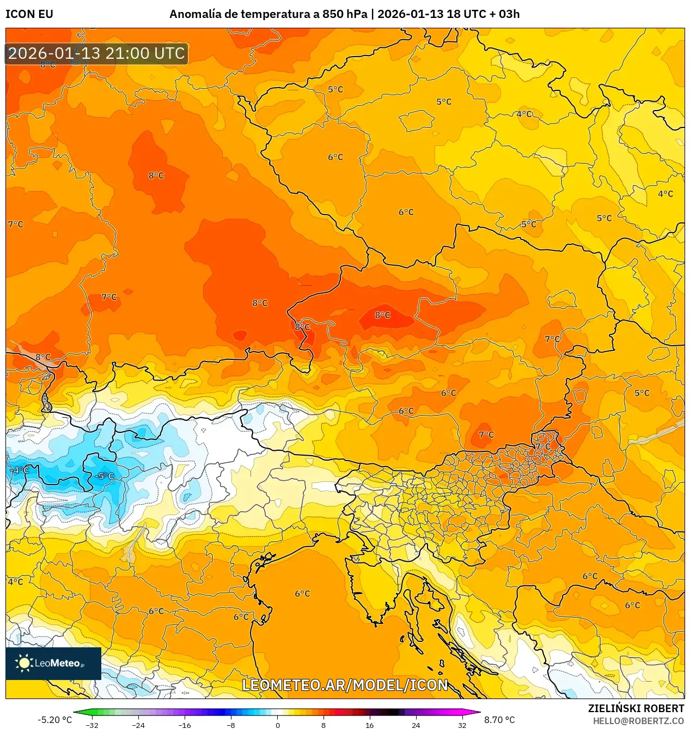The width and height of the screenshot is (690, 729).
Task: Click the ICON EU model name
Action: click(x=29, y=14)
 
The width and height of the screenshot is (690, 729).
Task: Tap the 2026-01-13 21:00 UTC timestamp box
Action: click(x=96, y=53)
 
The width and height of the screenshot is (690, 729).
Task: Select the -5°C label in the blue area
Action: click(x=105, y=476)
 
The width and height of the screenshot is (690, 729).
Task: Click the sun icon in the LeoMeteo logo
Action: click(x=24, y=663)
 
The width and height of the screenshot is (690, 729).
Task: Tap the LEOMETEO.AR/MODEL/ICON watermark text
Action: click(x=345, y=685)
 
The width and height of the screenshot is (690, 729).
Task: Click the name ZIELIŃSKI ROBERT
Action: click(x=636, y=708)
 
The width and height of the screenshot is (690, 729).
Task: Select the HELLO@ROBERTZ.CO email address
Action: click(x=638, y=721)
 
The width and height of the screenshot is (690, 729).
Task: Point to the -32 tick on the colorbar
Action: click(x=92, y=725)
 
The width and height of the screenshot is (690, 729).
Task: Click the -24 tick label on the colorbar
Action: click(x=138, y=725)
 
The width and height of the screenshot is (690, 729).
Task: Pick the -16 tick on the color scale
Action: click(x=185, y=725)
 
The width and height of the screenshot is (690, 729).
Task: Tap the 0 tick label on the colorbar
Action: click(x=277, y=725)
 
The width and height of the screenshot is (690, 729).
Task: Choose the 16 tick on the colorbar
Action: click(x=370, y=725)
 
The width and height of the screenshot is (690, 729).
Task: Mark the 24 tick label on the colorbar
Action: click(x=416, y=725)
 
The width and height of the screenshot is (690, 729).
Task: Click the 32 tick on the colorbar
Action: click(x=462, y=725)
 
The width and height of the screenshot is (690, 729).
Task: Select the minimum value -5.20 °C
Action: click(x=54, y=720)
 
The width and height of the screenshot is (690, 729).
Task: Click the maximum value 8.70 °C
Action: click(x=499, y=720)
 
